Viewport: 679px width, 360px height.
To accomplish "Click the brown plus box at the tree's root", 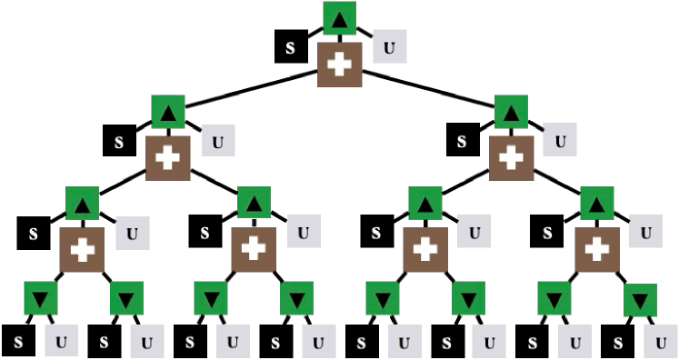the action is tap(339, 64).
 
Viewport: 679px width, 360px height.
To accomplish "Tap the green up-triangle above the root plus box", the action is tap(339, 18).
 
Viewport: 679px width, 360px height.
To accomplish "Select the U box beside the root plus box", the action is tap(389, 47).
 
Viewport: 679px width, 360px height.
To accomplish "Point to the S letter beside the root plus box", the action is tap(290, 48).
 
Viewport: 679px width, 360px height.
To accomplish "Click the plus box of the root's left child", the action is tap(167, 157).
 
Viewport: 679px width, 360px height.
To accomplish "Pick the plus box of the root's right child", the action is tap(511, 157).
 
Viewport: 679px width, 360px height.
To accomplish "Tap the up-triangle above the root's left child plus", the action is tap(167, 112).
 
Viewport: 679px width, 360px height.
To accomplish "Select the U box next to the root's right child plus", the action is tap(560, 141).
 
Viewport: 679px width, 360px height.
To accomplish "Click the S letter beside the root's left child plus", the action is tap(118, 142).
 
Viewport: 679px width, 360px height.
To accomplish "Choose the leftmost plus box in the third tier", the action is tap(82, 250).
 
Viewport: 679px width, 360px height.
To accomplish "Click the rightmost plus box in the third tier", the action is tap(596, 250).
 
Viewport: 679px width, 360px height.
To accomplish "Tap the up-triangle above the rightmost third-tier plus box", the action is tap(596, 204).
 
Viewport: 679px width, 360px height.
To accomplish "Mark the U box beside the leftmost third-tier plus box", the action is tap(133, 234).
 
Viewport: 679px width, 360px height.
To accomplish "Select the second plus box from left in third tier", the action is tap(254, 250).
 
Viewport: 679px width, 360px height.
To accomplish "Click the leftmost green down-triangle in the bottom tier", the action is tap(41, 298).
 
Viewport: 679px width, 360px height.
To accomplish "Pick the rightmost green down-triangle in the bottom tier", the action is tap(640, 300).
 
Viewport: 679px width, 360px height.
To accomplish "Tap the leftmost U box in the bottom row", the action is tap(61, 342).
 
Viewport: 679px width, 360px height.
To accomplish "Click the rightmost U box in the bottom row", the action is tap(661, 342).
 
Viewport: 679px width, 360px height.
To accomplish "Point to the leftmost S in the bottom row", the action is tap(17, 343).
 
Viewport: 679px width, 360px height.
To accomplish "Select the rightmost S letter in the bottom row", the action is tap(618, 343).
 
